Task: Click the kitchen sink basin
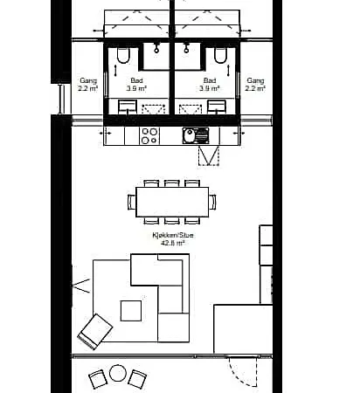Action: tap(190, 135)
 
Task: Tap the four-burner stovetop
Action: tap(149, 136)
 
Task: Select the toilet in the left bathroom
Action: tap(123, 55)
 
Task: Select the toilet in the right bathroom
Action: tap(220, 55)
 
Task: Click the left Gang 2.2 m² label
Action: tap(88, 85)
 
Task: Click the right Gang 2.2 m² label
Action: tap(255, 85)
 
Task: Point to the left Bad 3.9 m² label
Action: tap(136, 85)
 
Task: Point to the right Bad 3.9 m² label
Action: tap(210, 85)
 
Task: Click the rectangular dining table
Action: tap(172, 202)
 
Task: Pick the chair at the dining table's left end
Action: tap(132, 202)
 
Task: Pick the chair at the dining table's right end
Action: tap(212, 202)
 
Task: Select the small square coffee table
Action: tap(131, 311)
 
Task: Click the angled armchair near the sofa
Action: tap(95, 332)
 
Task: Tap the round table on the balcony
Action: tap(118, 373)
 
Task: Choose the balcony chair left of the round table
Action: tap(98, 379)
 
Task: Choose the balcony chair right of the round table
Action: tap(137, 379)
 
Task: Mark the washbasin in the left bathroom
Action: tap(128, 107)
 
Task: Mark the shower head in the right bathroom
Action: tap(186, 48)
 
